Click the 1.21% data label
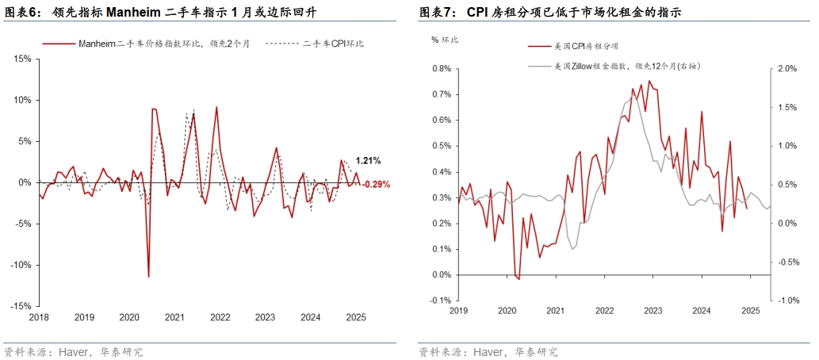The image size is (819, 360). [368, 161]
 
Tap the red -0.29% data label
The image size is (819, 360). [376, 185]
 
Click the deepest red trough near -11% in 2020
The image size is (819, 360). [148, 276]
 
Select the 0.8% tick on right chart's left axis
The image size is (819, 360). [441, 68]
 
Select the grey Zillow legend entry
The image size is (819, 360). [626, 66]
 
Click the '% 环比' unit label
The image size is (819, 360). [445, 39]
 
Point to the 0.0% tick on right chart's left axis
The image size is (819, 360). [441, 275]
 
